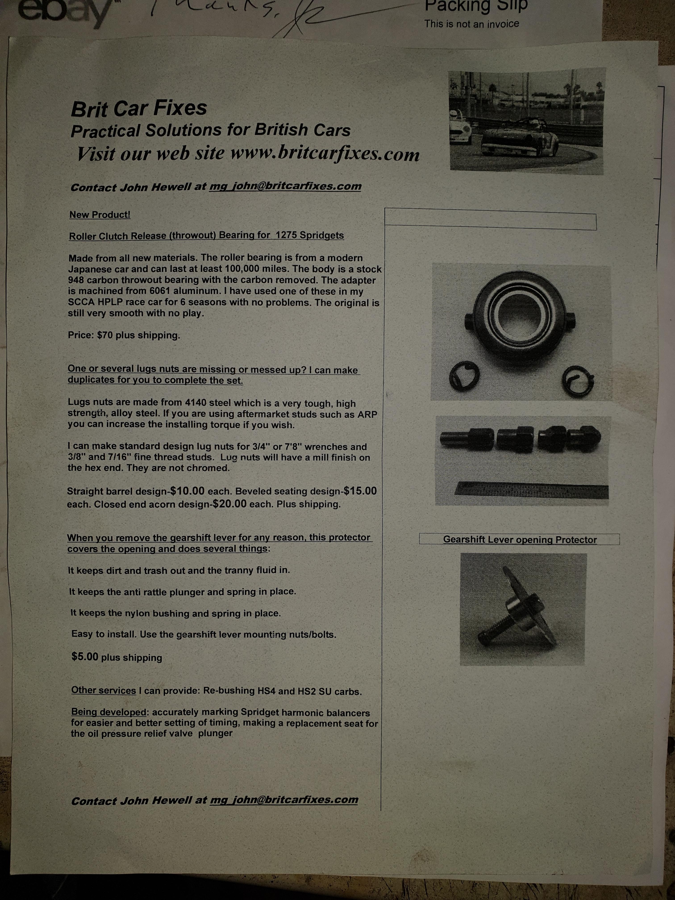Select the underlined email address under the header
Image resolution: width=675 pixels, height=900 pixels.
(x=285, y=186)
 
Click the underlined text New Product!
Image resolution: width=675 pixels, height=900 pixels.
(x=100, y=215)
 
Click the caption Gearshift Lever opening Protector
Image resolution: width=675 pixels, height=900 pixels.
(x=520, y=540)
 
